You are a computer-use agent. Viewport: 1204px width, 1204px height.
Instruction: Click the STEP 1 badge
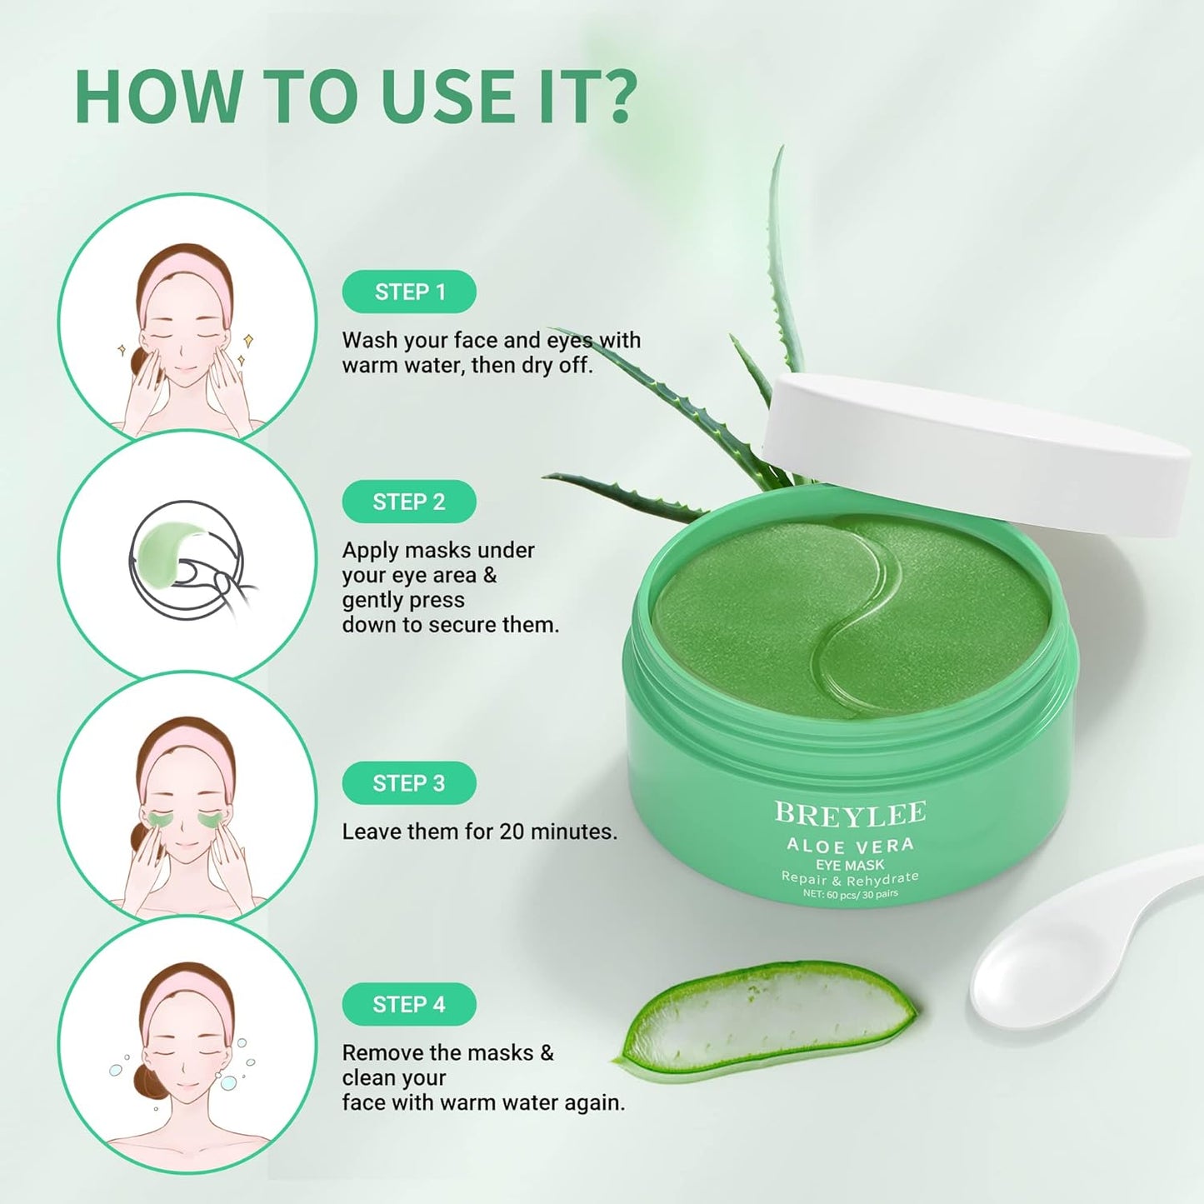point(409,292)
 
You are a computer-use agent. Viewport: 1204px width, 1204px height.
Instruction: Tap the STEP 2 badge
point(409,502)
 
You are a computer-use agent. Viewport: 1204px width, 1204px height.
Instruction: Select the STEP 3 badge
point(409,783)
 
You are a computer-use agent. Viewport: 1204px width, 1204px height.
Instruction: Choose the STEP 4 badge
point(409,1004)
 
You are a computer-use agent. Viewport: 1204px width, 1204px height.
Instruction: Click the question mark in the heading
point(617,97)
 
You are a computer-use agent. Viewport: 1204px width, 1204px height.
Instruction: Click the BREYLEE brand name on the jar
point(850,813)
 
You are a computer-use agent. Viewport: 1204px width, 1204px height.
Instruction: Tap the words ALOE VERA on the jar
point(850,845)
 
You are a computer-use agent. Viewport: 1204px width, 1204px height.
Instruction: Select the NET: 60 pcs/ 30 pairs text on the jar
point(850,894)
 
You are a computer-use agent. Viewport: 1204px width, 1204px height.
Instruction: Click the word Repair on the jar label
point(805,877)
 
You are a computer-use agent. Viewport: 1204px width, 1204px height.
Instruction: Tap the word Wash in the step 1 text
point(368,340)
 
